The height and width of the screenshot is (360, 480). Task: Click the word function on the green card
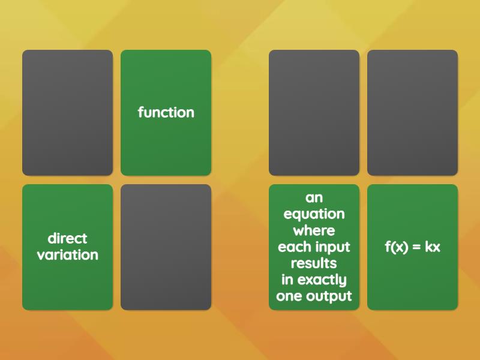click(166, 112)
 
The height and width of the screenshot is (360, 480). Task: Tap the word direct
click(67, 239)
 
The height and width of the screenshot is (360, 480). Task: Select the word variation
click(67, 255)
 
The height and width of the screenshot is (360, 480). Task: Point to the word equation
click(314, 214)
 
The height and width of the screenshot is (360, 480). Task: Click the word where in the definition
click(314, 230)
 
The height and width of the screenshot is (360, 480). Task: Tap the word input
click(330, 247)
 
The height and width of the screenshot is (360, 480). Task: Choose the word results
click(314, 263)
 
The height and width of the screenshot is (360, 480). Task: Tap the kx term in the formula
click(433, 247)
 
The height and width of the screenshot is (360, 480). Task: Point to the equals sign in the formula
click(416, 247)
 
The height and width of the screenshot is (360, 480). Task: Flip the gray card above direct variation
click(67, 113)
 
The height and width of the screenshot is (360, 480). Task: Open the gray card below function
click(166, 247)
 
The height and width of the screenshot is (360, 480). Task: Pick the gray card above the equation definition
click(314, 113)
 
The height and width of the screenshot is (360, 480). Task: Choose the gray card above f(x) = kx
click(412, 113)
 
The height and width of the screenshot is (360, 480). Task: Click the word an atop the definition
click(314, 198)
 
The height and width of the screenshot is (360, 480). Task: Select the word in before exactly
click(287, 280)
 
